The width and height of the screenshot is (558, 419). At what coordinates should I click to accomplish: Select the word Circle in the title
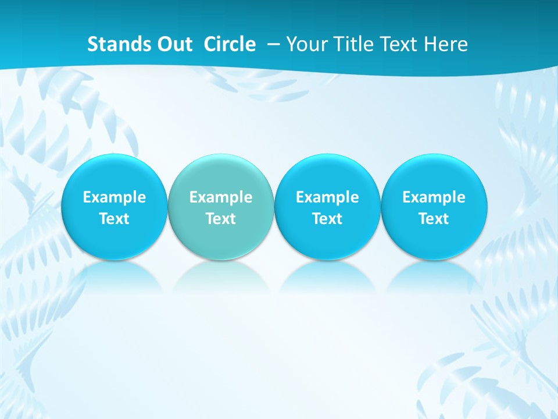tap(230, 44)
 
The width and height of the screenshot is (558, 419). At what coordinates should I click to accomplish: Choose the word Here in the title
tap(446, 44)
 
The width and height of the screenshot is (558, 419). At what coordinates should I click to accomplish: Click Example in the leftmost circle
tap(115, 197)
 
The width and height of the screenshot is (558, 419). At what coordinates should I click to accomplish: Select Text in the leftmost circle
tap(115, 219)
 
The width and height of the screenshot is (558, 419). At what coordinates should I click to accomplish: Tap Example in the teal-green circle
tap(221, 197)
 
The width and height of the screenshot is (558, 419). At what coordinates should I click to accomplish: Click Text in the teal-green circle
tap(221, 219)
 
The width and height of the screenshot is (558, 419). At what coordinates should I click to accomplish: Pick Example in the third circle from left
tap(327, 197)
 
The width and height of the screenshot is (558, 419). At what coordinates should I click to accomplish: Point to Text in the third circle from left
tap(327, 219)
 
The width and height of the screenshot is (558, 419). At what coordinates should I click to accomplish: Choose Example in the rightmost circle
tap(434, 197)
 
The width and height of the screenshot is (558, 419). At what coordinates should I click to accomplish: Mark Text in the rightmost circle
tap(434, 219)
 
